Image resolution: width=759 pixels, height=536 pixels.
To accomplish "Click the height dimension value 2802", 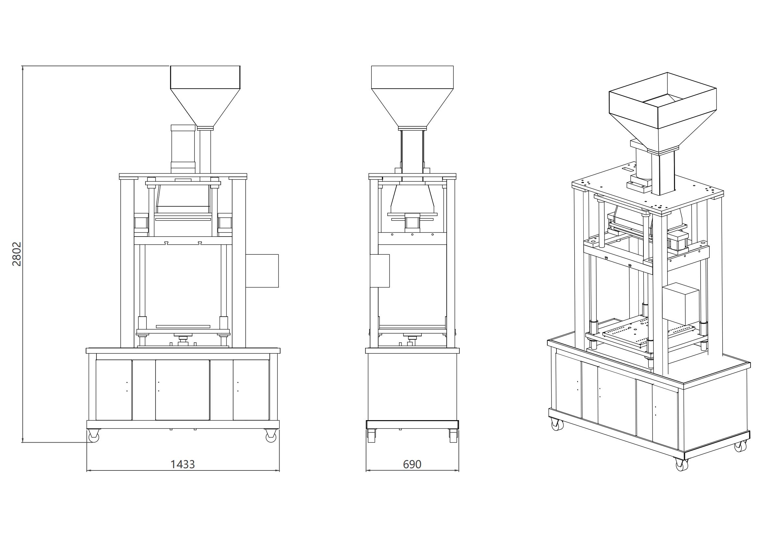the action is point(17,254).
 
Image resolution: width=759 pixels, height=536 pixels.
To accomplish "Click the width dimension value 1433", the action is point(182,464).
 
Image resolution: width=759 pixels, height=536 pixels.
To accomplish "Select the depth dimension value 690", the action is point(412,464).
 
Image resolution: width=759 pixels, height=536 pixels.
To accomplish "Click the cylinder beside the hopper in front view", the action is point(183,149).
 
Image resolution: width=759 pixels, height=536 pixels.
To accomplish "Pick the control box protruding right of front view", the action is point(262,271).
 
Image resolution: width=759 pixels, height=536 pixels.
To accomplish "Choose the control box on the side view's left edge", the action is point(380,271).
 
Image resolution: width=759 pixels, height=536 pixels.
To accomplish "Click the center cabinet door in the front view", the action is point(182,390).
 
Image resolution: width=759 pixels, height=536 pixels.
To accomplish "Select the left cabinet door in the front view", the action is point(114,390).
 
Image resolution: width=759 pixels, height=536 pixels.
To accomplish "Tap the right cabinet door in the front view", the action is point(251,390).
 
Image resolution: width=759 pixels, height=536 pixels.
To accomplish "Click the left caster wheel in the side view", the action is point(371,435).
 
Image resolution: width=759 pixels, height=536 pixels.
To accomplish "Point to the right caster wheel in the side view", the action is point(453,435).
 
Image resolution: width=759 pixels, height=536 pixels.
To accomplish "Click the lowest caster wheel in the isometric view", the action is point(682,464).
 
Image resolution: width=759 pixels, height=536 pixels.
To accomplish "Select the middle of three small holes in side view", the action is point(412,235).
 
